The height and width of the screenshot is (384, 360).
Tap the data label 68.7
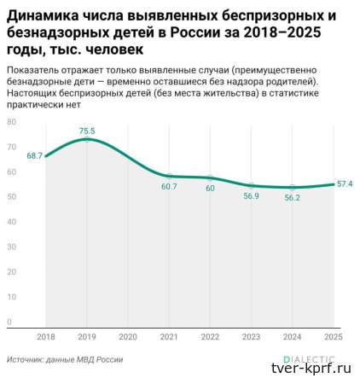[35, 156]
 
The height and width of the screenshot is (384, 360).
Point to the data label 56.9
[251, 195]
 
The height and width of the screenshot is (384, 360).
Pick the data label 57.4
[345, 183]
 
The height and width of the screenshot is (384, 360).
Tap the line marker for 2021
[169, 176]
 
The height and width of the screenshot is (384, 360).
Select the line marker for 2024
[293, 187]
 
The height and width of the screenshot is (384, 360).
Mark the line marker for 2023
[251, 185]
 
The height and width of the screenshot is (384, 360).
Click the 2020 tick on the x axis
[127, 337]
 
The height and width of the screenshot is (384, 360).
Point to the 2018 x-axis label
[45, 337]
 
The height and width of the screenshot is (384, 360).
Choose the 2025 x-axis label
[334, 337]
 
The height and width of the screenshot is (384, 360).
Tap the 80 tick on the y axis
[11, 122]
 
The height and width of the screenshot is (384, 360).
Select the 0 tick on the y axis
[9, 322]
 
